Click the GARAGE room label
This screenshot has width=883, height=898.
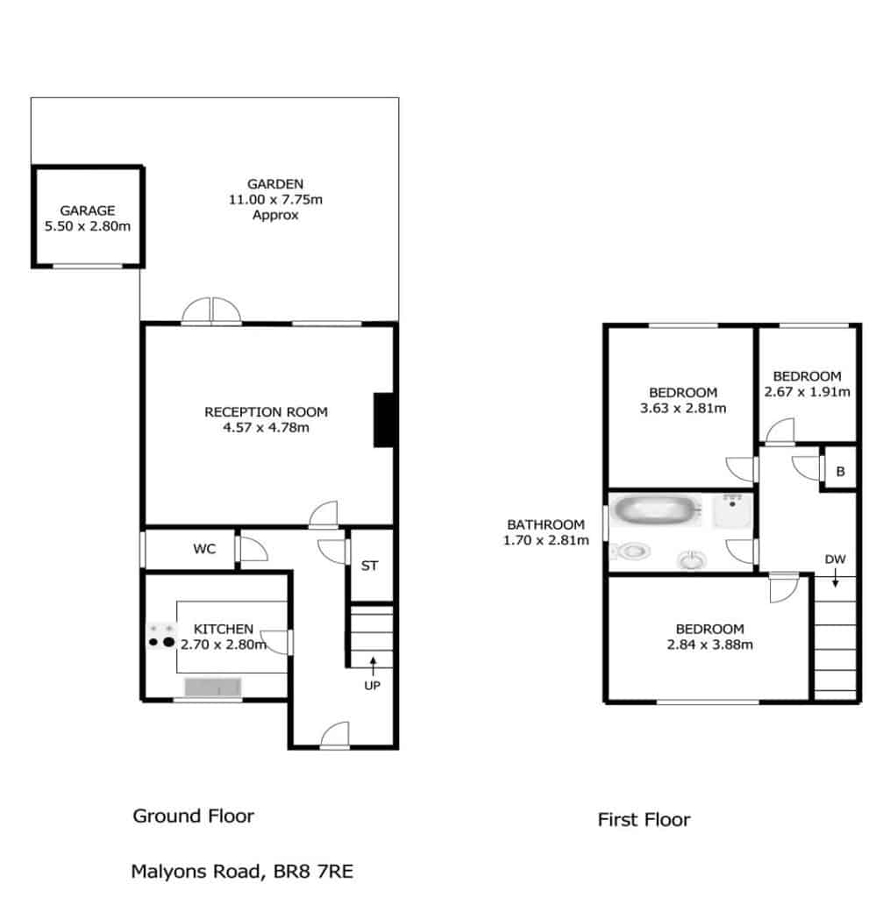click(88, 210)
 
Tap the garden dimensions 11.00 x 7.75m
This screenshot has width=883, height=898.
click(275, 199)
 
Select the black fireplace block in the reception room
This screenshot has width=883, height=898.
click(383, 420)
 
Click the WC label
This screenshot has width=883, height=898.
click(204, 549)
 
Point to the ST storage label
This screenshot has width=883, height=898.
click(369, 566)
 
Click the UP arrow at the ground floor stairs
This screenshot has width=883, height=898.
click(373, 666)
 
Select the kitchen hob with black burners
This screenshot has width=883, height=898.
click(161, 637)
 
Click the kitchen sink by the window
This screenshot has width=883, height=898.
click(212, 687)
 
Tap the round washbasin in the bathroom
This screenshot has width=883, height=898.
click(692, 559)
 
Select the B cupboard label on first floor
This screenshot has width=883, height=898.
click(840, 471)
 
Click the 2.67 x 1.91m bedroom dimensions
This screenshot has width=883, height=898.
click(807, 392)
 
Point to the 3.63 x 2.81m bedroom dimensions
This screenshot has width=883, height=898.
click(683, 408)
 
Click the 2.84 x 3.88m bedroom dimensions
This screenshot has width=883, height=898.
click(709, 645)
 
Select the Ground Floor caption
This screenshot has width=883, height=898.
click(194, 816)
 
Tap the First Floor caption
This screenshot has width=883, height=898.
click(644, 820)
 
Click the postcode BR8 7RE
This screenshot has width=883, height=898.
click(313, 871)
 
